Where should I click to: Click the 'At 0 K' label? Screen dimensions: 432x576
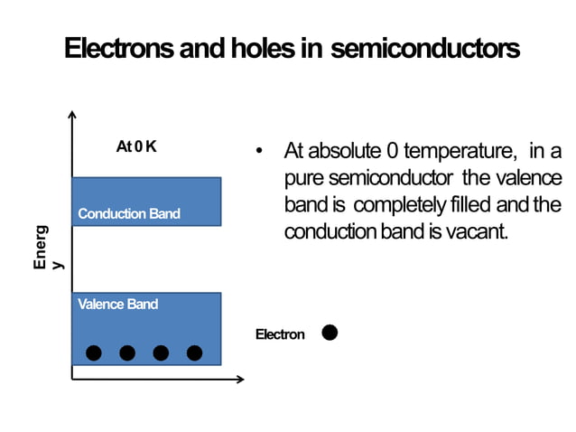[136, 146]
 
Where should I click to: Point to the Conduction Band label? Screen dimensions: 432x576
[129, 214]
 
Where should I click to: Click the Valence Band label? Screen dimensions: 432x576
[118, 304]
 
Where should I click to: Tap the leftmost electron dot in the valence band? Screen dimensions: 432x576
[94, 352]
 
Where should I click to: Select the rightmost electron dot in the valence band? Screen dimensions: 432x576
[194, 352]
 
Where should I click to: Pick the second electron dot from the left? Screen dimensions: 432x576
[127, 352]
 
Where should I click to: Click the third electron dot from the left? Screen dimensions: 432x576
[161, 352]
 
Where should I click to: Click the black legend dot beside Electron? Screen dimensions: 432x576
[330, 333]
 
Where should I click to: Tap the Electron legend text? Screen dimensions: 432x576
[280, 334]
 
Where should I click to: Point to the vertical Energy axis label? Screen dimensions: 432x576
[45, 248]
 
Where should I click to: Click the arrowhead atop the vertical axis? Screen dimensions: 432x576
[72, 115]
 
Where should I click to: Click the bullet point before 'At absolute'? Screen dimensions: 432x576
[259, 150]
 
